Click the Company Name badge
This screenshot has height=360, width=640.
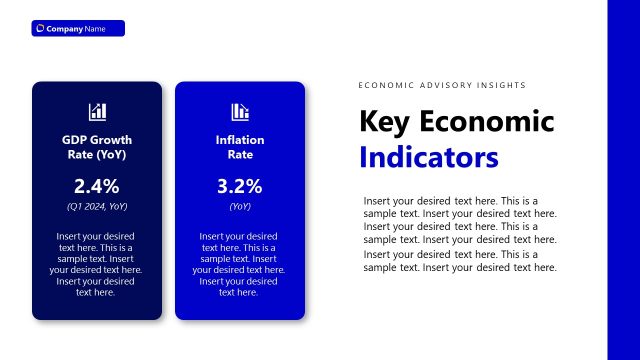[78, 28]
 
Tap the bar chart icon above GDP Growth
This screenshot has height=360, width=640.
[97, 111]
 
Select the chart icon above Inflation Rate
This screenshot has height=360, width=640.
[240, 111]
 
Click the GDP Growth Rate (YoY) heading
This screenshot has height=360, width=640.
[97, 147]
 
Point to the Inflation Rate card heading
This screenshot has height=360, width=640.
[240, 147]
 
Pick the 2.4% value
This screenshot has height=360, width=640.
[97, 185]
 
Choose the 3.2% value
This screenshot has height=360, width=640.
[240, 185]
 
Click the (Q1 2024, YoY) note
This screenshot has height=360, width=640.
[97, 206]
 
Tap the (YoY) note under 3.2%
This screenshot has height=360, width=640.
[240, 206]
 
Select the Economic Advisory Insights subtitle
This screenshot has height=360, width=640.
[442, 86]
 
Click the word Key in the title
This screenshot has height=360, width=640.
[384, 122]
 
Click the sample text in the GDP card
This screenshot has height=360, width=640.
[97, 264]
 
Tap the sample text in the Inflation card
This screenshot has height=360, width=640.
[240, 264]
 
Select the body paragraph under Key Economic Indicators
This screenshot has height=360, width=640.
[460, 233]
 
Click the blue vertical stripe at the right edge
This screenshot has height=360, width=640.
[623, 180]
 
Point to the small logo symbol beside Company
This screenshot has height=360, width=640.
[40, 28]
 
